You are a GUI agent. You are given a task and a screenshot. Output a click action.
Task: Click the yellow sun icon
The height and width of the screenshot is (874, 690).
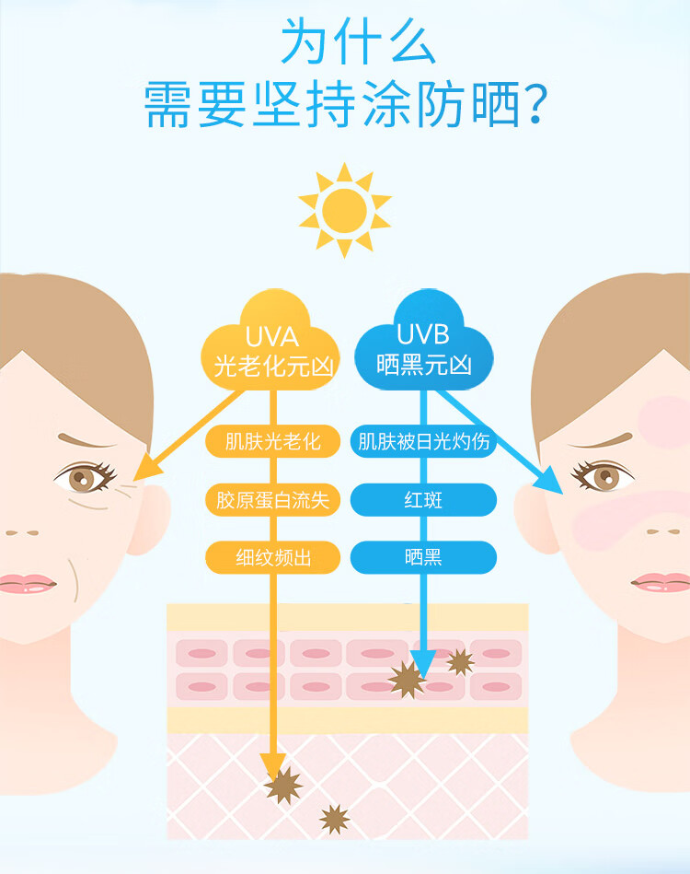(x=344, y=209)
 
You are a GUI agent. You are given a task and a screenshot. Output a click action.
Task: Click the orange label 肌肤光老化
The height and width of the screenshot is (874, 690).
(x=273, y=442)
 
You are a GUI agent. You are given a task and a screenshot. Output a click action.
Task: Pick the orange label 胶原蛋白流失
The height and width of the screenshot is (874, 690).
(x=273, y=500)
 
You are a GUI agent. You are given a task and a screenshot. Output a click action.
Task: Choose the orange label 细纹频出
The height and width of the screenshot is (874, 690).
(x=273, y=557)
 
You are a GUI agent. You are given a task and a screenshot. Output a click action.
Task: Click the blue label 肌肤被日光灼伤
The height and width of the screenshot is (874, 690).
(x=424, y=442)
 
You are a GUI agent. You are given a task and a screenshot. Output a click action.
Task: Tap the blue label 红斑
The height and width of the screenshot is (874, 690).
(x=424, y=500)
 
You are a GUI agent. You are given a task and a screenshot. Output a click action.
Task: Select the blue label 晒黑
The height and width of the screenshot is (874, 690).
(x=424, y=557)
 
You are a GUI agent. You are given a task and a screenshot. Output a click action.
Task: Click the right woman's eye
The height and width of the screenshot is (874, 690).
(x=604, y=476)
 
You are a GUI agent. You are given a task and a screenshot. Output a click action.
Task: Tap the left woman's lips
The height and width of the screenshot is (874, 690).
(x=28, y=584)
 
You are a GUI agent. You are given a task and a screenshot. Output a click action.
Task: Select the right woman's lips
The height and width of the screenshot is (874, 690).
(x=660, y=582)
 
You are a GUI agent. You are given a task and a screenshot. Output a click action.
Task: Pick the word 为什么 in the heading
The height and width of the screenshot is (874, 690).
(x=358, y=41)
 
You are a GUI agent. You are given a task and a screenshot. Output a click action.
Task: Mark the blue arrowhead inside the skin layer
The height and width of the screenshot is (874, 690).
(x=422, y=660)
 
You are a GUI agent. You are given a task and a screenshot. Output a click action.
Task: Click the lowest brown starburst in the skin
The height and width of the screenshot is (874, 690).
(x=334, y=818)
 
